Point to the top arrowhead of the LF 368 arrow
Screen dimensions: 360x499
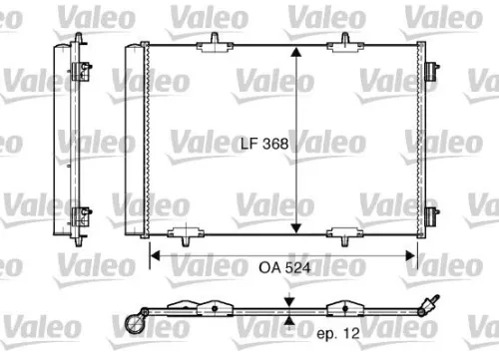[296, 51]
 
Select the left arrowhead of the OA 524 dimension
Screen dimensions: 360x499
[155, 254]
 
